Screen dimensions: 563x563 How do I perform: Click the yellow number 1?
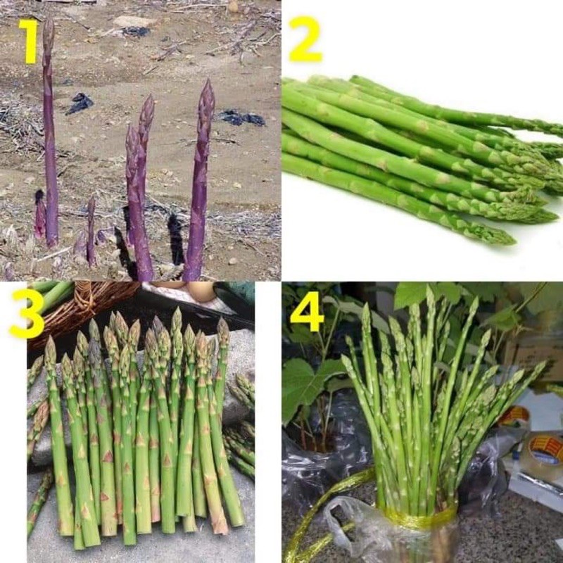point(27,42)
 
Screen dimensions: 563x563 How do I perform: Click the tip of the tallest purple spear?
point(48,23)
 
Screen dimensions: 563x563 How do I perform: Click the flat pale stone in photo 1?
point(134,22)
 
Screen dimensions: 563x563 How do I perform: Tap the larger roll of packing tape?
point(545,450)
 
